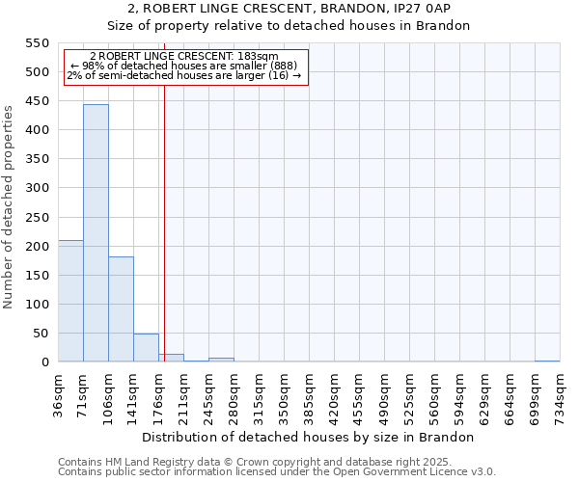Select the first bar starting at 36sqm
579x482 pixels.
click(70, 301)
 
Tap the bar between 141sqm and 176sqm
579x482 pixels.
click(146, 348)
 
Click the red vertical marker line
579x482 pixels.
click(165, 241)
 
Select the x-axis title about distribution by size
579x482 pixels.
click(308, 437)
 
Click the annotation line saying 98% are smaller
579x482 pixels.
click(183, 66)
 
